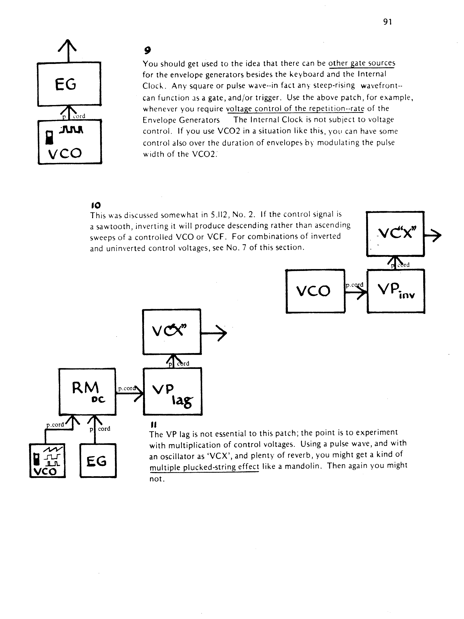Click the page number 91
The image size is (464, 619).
pos(387,22)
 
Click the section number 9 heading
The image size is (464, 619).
pos(147,50)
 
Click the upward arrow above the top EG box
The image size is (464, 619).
pos(67,50)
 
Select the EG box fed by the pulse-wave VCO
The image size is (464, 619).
pos(69,84)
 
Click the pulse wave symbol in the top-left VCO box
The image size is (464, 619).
pos(71,130)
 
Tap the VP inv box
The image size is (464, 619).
pos(396,291)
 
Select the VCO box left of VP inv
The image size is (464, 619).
pos(315,291)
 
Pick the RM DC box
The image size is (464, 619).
pos(87,391)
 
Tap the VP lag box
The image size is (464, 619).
pos(172,391)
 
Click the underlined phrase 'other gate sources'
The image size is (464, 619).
pos(362,63)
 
